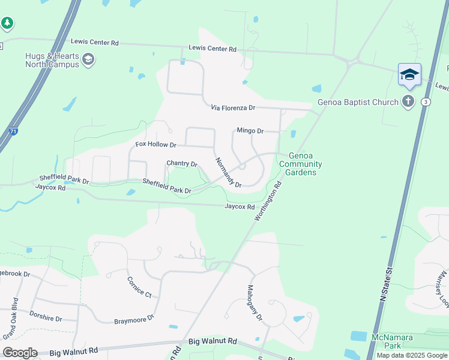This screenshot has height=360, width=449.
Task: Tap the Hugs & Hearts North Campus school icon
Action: point(88,59)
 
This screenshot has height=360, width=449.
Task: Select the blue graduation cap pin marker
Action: point(409,74)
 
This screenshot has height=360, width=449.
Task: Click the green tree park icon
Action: point(7,23)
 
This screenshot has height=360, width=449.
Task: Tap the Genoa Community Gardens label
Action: point(301,164)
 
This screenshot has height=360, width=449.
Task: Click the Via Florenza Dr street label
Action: point(233,108)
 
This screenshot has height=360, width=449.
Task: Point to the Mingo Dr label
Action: point(250,131)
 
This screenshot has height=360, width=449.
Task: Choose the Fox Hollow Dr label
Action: point(155,145)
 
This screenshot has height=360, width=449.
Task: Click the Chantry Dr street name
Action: point(182,164)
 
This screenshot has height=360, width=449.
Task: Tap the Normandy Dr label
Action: point(228,173)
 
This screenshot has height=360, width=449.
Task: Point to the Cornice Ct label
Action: point(139,286)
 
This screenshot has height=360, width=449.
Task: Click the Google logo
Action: point(20,353)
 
